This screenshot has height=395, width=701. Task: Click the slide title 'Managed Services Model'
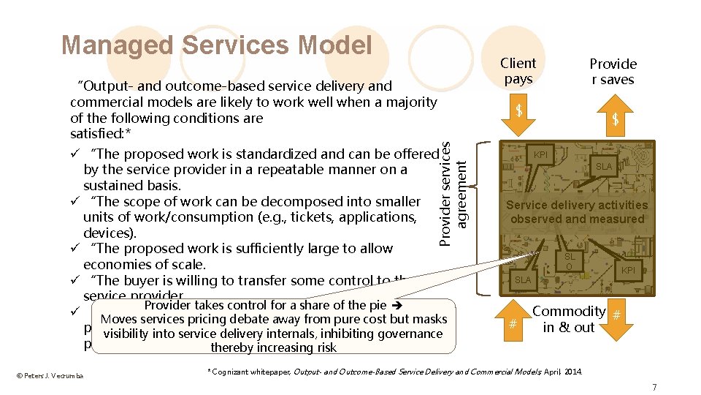(x=217, y=45)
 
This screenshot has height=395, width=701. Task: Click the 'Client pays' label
(x=518, y=71)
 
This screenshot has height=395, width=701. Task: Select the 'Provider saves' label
(x=613, y=72)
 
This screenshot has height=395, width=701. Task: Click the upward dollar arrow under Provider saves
(x=615, y=118)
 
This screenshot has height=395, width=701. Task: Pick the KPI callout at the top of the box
(x=541, y=155)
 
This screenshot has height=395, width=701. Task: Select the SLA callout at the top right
(x=604, y=167)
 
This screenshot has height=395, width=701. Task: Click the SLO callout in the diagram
(x=570, y=261)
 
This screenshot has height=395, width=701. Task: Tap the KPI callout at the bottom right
(x=627, y=271)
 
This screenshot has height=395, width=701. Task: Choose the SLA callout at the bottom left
(x=523, y=280)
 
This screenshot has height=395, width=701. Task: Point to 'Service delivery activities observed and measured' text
(x=577, y=212)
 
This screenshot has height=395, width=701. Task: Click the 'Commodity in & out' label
(x=569, y=320)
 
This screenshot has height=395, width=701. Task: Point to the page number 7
(x=654, y=387)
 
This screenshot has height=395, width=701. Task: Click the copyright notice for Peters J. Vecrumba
(x=50, y=376)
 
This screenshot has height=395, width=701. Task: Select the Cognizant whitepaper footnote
(x=395, y=372)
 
